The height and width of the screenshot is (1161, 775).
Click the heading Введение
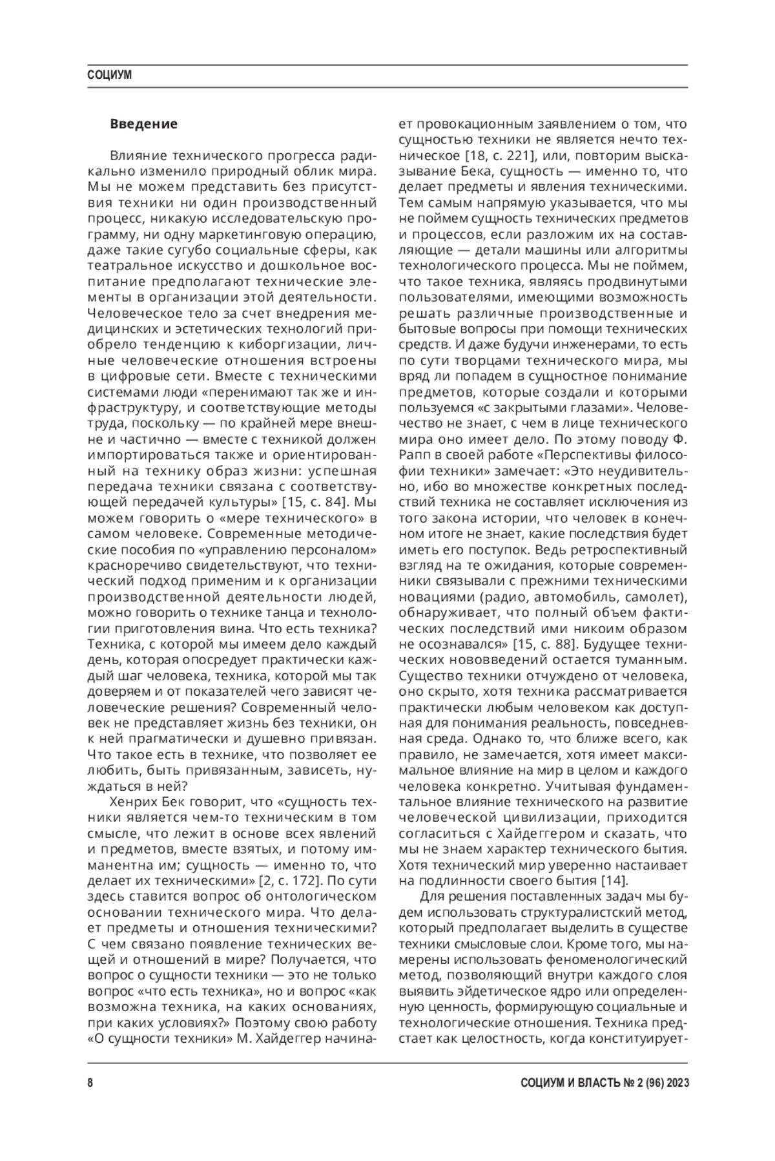click(x=143, y=123)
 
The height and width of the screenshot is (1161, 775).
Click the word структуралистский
click(x=561, y=912)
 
